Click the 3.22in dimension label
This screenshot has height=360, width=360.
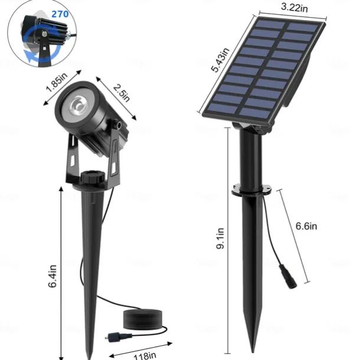[294, 7]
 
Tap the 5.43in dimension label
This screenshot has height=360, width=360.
[220, 60]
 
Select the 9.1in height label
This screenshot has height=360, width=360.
[220, 238]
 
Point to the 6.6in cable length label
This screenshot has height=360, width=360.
[306, 226]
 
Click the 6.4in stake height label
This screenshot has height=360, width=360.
[52, 276]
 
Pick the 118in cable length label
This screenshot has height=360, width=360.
[145, 355]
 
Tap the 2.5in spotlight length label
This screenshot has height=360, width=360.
[122, 93]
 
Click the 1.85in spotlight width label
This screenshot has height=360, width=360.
[57, 82]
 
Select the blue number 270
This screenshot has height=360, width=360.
[60, 14]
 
